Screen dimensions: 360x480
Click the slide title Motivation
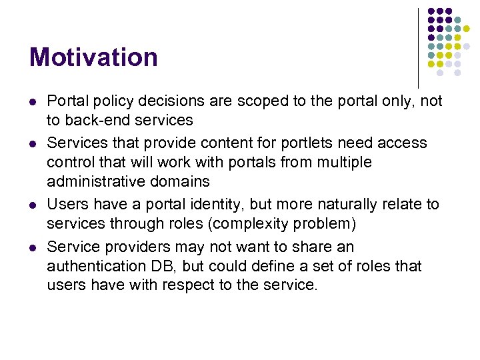[x=93, y=57]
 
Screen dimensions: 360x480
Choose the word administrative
[x=97, y=181]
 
